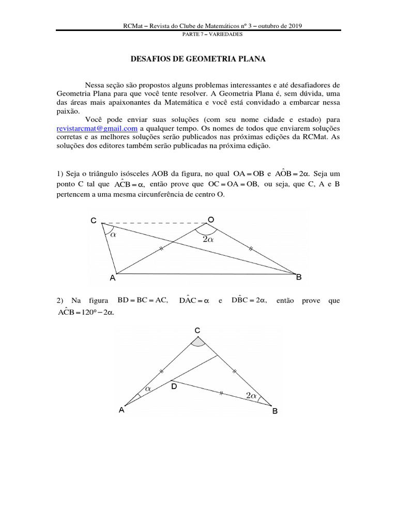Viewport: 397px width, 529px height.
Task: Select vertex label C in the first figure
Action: [x=94, y=221]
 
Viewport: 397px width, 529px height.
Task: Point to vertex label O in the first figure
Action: [x=211, y=220]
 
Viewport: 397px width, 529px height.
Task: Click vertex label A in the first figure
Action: [x=112, y=278]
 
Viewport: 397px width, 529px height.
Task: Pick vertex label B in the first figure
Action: [x=298, y=277]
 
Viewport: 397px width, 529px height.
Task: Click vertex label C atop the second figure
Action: [x=197, y=330]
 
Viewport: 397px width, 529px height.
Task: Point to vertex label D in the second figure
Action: [x=174, y=385]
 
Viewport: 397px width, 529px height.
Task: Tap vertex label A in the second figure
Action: [x=121, y=410]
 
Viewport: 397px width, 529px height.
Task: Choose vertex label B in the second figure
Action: [x=275, y=412]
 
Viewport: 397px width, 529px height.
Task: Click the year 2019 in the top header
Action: [x=293, y=25]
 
